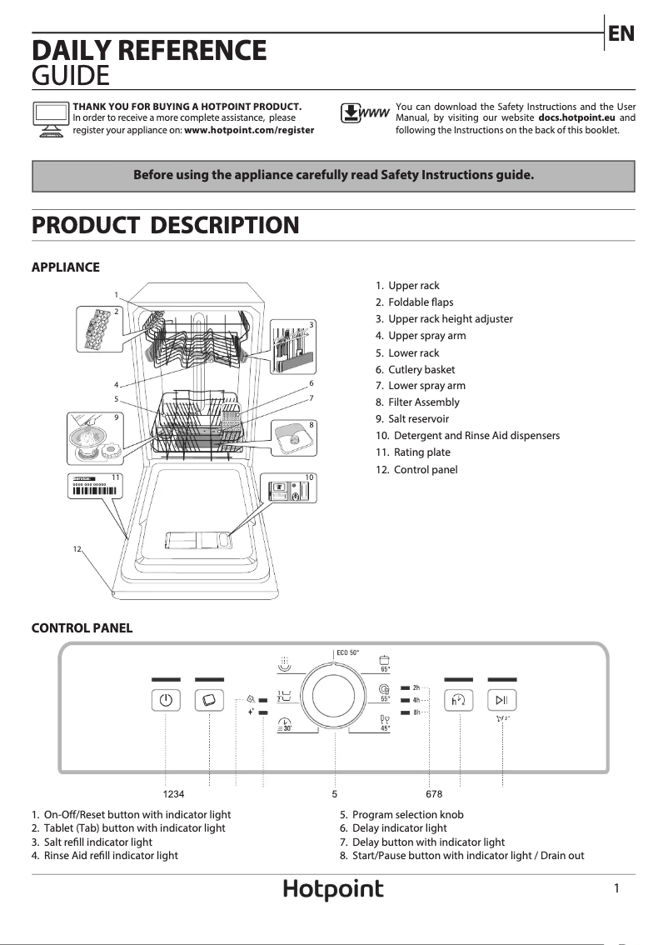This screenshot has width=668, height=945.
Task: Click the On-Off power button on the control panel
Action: (166, 700)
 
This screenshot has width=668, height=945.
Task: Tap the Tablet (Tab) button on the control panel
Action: (209, 700)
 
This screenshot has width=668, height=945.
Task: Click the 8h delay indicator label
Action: (416, 713)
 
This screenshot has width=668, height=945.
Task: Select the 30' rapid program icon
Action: (284, 727)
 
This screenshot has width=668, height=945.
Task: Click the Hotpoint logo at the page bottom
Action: (333, 890)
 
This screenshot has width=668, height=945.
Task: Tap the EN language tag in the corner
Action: (621, 34)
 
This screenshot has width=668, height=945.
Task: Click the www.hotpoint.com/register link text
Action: (249, 130)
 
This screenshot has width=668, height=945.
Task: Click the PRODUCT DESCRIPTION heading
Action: (165, 225)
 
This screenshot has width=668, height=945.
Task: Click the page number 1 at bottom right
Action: (616, 889)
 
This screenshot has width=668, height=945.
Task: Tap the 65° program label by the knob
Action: (386, 668)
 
